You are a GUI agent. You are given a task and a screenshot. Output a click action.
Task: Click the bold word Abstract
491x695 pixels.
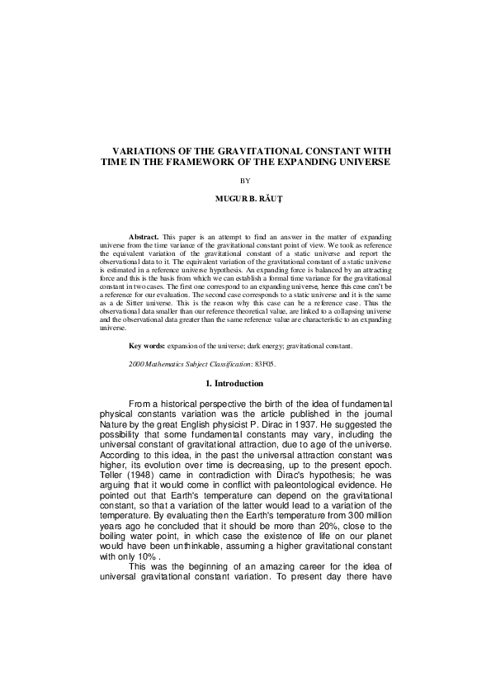pyautogui.click(x=144, y=237)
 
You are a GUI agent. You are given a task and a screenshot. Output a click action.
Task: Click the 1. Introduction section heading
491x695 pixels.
pyautogui.click(x=245, y=384)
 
